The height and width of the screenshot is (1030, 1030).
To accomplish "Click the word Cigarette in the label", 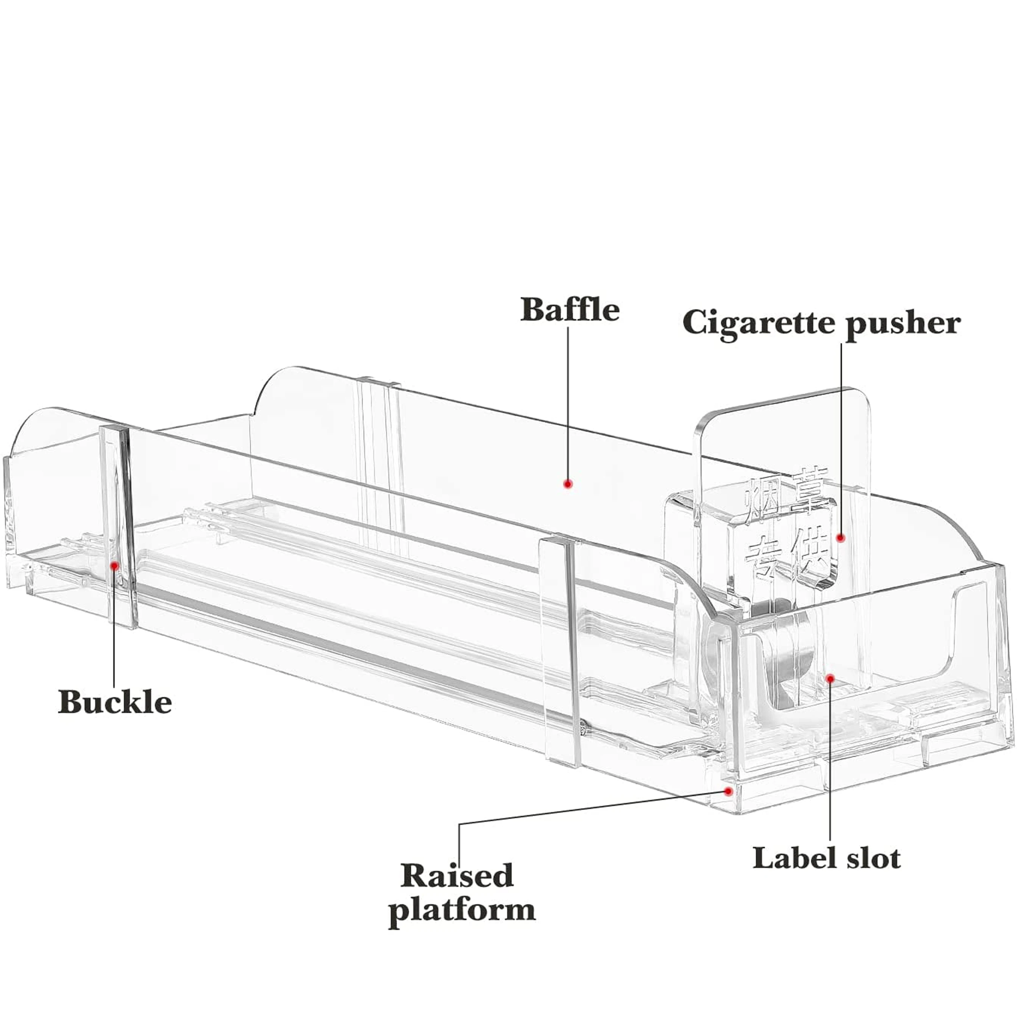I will click(x=760, y=324).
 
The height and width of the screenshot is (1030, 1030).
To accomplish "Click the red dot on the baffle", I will click(x=568, y=483).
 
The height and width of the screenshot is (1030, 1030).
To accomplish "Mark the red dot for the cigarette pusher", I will click(x=841, y=538).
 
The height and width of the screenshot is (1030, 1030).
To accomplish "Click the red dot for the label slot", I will click(x=830, y=678).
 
